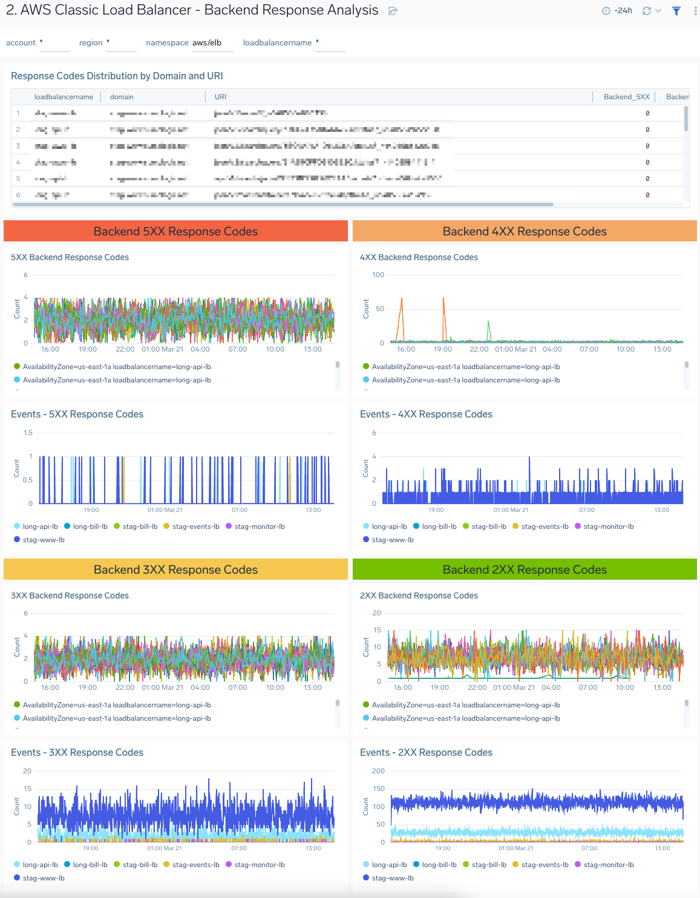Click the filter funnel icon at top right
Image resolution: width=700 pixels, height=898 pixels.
(x=676, y=11)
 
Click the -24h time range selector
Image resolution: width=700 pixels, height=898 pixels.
(x=618, y=11)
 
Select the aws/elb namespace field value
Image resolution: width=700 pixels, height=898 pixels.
(x=207, y=43)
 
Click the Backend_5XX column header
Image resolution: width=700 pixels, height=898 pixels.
(x=626, y=97)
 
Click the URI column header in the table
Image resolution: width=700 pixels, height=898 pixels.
(x=220, y=97)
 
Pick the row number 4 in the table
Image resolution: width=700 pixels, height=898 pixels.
(x=18, y=162)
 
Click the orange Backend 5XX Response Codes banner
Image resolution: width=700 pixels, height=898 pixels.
(x=175, y=232)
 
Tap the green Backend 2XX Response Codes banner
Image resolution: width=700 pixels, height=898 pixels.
(x=525, y=570)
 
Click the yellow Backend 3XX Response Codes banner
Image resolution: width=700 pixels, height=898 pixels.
(x=175, y=570)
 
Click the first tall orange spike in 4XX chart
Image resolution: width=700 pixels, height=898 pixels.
(x=401, y=300)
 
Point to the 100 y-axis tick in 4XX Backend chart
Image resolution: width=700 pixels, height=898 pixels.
(x=378, y=275)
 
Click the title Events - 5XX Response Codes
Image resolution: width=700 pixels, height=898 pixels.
(x=77, y=415)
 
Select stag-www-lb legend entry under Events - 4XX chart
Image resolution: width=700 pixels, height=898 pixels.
(x=392, y=540)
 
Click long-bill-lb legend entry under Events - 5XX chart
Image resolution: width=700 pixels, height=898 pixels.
(x=90, y=526)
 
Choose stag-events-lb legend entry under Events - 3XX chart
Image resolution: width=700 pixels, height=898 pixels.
(x=195, y=865)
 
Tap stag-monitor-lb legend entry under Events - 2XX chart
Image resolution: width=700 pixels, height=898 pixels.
(x=608, y=865)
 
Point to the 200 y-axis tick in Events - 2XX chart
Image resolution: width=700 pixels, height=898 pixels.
(x=378, y=771)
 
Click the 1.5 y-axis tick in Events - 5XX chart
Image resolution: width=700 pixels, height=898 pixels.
(x=28, y=433)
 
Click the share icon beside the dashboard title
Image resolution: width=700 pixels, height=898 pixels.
(x=393, y=11)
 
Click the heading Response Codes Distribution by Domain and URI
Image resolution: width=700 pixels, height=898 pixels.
(x=117, y=76)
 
